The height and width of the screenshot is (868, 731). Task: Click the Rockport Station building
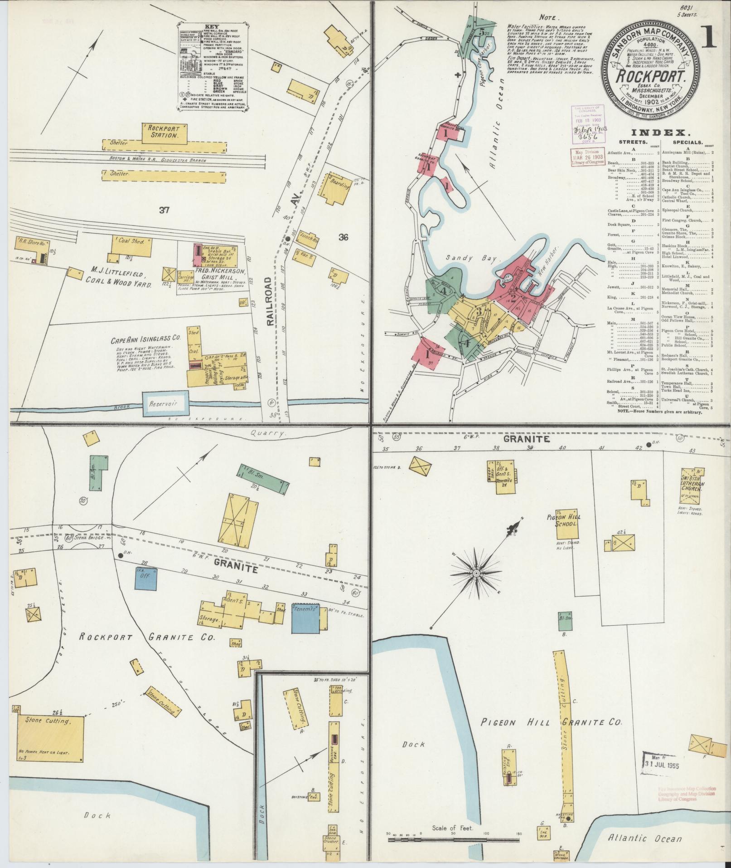(164, 132)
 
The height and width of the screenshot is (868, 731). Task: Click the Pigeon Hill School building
(567, 523)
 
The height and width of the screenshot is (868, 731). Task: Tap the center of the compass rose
(476, 574)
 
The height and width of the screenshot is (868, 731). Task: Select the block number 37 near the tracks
(164, 210)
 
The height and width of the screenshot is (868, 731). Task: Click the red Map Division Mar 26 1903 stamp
(584, 158)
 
